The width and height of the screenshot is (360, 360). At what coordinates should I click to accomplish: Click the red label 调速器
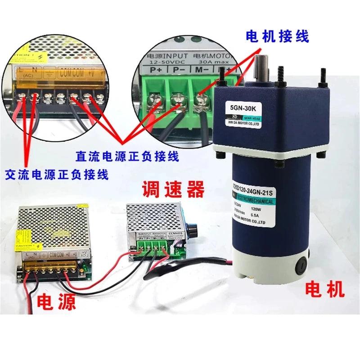[173, 189]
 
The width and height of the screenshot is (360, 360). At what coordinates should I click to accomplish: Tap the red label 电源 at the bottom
[56, 301]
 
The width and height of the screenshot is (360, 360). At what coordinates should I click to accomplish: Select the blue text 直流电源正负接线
[127, 157]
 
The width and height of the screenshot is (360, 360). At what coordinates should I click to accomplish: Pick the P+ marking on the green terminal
[156, 71]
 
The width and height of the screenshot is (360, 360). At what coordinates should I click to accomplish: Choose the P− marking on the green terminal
[178, 71]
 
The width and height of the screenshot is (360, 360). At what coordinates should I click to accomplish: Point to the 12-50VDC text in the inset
[162, 61]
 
